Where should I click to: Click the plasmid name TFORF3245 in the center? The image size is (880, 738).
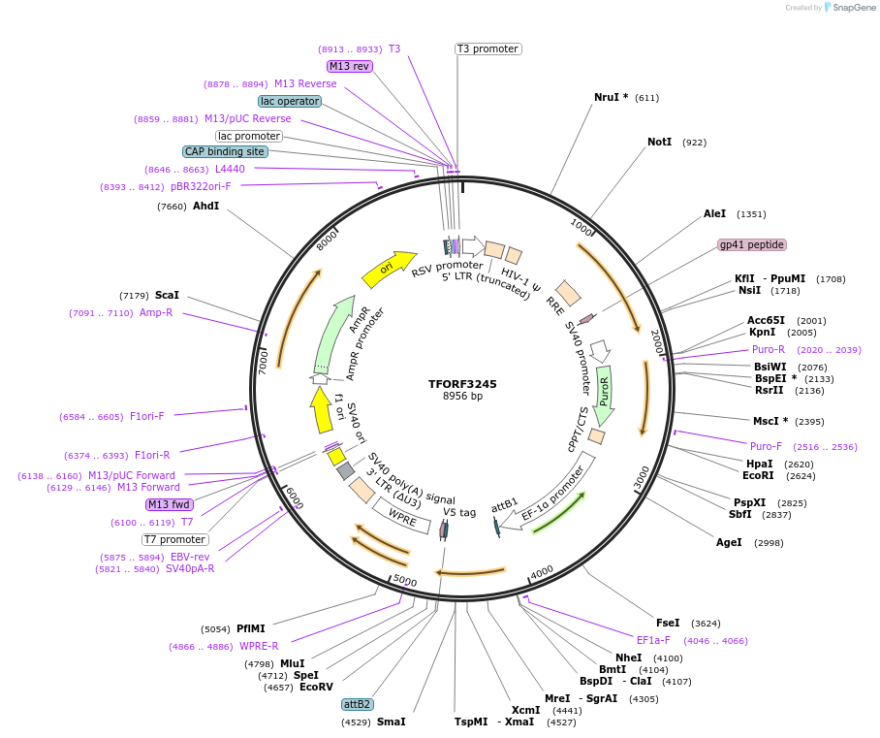pos(462,384)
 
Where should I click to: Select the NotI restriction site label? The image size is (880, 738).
pos(660,143)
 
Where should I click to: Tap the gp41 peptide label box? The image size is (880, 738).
pos(751,244)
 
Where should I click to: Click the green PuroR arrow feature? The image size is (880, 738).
pos(604,395)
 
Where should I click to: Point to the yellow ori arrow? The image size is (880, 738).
pos(388,268)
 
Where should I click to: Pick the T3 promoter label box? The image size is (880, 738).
pos(488,48)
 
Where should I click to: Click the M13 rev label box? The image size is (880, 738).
pos(349,66)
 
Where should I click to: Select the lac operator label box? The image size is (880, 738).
pos(290,101)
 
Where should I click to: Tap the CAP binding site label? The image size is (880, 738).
pos(225,151)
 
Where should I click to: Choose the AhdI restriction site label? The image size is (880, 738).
pos(205,207)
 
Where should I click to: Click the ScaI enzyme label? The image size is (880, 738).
pos(167,295)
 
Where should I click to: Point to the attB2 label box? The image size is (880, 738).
pos(358,704)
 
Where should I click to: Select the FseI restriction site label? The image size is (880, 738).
pos(668,623)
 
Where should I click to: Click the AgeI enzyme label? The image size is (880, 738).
pos(729,542)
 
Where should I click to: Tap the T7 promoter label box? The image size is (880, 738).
pos(175,539)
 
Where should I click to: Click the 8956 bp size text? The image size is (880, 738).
pos(462,397)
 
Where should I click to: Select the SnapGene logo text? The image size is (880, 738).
pos(853,8)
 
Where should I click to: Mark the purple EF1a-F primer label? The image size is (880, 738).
pos(653,640)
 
